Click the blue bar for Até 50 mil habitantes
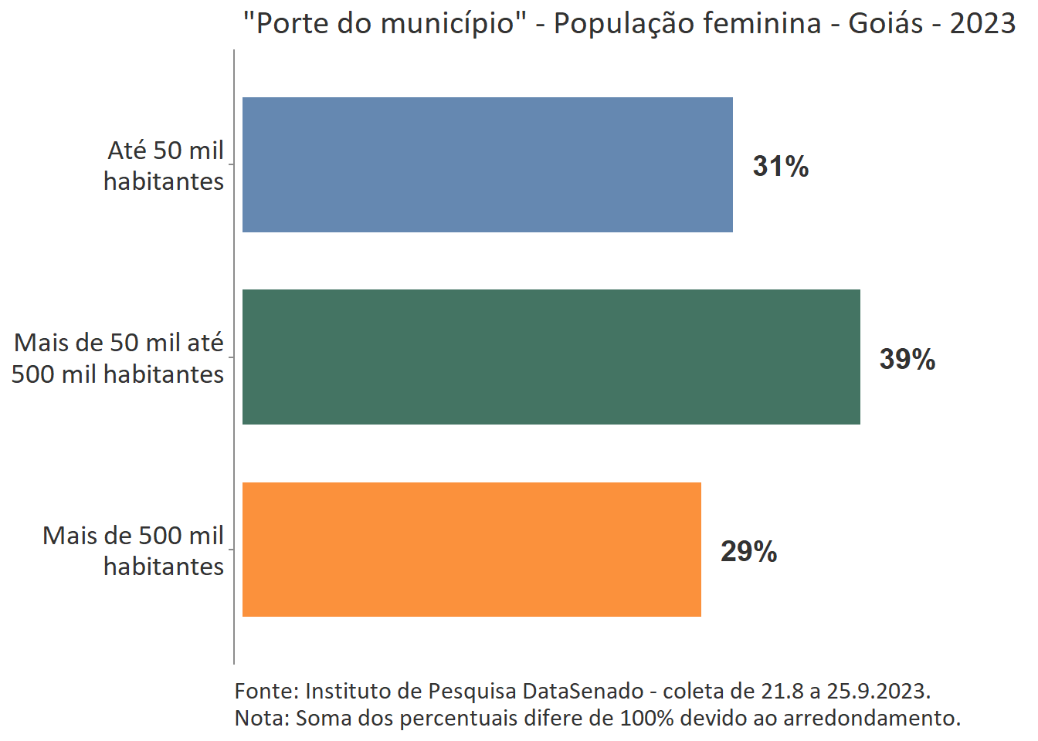487,164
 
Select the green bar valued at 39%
551,357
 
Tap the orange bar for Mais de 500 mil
471,550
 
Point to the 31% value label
780,166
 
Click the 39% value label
907,359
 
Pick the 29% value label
748,551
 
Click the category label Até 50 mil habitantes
164,165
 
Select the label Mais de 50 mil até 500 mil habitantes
118,358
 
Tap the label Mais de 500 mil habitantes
133,550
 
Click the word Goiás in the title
885,23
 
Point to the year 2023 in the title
982,23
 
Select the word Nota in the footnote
260,718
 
